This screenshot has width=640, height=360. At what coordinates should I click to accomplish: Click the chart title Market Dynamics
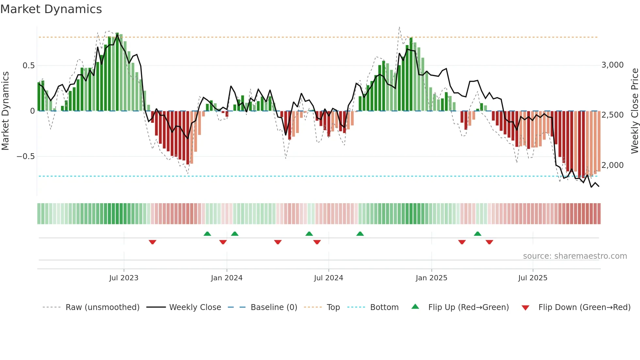click(51, 9)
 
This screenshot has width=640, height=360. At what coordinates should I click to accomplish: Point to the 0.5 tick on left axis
click(28, 66)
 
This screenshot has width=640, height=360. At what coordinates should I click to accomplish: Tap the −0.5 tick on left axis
click(25, 156)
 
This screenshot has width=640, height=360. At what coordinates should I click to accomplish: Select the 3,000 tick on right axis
click(612, 65)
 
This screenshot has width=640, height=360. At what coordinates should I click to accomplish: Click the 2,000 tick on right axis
click(612, 165)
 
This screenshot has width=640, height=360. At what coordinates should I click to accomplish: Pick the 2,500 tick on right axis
click(612, 115)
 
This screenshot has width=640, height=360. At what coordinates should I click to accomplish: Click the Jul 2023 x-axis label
click(124, 278)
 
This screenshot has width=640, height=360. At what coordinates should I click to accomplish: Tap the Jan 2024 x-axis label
click(227, 278)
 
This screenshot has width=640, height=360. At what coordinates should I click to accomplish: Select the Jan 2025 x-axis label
click(431, 278)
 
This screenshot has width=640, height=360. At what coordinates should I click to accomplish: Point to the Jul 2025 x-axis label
click(533, 278)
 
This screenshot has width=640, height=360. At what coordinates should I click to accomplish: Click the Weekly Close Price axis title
click(634, 111)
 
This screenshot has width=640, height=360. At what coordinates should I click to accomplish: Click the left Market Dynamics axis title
click(5, 111)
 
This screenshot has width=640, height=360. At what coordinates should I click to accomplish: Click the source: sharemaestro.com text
click(575, 256)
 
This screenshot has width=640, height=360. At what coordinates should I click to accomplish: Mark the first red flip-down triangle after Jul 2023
click(152, 242)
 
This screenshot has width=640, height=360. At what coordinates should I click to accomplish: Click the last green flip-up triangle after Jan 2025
click(477, 234)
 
